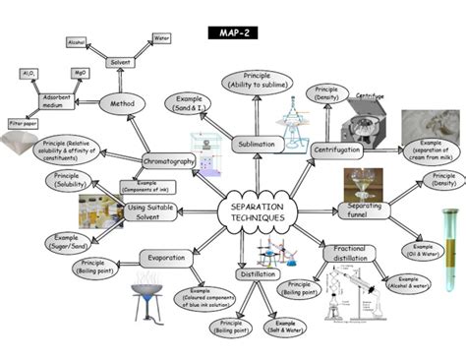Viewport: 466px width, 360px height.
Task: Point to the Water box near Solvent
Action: coord(161,39)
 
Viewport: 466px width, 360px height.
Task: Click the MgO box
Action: coord(82,73)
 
